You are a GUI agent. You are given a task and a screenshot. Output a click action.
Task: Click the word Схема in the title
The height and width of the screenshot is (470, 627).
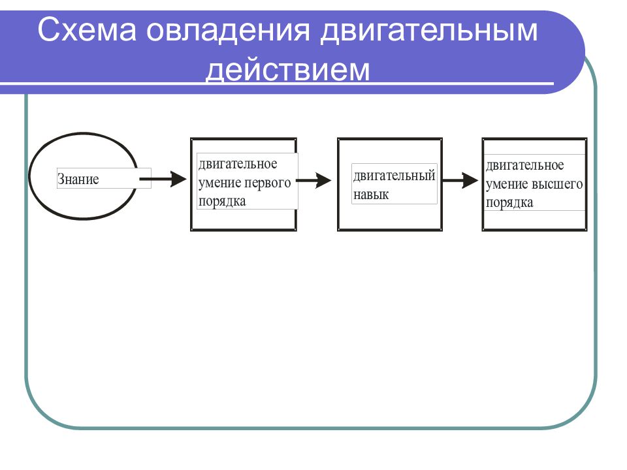(87, 29)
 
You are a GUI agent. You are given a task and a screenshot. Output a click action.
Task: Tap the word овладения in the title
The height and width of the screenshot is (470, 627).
(228, 31)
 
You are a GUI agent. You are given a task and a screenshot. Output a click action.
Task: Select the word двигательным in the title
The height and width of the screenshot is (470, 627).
(429, 31)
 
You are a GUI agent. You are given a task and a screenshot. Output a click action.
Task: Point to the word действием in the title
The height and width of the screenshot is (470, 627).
(288, 70)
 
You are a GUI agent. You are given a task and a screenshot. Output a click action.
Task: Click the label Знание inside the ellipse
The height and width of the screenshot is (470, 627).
(78, 179)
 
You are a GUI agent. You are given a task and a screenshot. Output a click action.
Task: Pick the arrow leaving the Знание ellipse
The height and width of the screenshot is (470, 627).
(163, 179)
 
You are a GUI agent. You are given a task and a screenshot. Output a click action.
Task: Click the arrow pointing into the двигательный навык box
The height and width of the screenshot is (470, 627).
(313, 181)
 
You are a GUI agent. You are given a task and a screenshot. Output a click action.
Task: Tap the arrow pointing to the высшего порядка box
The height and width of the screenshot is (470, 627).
(460, 181)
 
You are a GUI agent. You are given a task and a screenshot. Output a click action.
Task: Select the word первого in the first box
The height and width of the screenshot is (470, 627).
(268, 183)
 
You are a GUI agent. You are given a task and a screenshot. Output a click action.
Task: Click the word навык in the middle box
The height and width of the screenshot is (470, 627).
(371, 195)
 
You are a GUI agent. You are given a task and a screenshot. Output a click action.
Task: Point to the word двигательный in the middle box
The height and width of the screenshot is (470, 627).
(394, 176)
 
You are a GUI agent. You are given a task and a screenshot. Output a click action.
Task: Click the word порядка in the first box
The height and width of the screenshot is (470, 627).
(222, 202)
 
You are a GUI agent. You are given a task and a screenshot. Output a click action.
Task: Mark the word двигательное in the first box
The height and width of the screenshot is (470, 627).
(238, 164)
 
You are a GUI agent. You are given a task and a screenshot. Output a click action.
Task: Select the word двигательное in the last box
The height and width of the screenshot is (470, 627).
(524, 165)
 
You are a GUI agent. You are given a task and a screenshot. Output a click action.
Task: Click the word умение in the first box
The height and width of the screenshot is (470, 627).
(220, 183)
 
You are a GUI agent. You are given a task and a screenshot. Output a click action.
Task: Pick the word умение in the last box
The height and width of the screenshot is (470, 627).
(507, 185)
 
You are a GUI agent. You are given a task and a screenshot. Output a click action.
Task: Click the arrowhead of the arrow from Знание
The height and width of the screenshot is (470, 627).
(178, 179)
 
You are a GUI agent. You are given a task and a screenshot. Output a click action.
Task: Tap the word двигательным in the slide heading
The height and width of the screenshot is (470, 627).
(429, 31)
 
